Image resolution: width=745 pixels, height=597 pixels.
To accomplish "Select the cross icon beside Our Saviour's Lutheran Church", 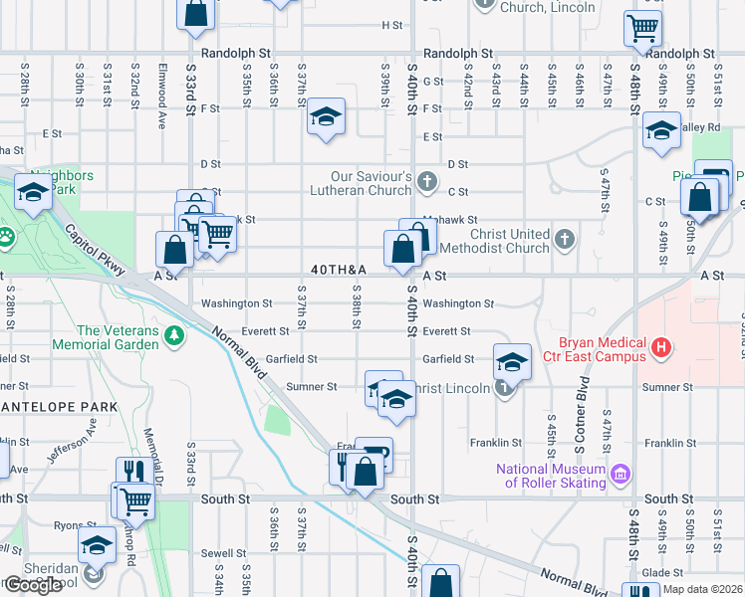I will (x=427, y=181).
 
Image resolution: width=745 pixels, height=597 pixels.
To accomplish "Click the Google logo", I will (x=32, y=585).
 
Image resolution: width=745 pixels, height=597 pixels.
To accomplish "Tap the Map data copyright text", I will (x=701, y=588).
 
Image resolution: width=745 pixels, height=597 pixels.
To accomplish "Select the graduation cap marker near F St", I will (x=326, y=117).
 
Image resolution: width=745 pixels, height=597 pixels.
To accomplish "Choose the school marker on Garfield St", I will (x=512, y=361).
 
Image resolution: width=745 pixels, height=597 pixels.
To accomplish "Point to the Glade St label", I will (x=662, y=572).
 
